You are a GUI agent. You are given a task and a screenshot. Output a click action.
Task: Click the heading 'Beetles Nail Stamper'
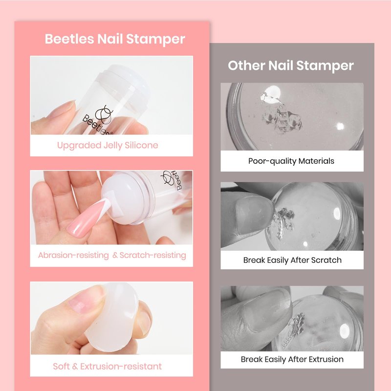coord(115,39)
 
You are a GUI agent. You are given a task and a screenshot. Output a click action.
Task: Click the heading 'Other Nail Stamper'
coord(291,65)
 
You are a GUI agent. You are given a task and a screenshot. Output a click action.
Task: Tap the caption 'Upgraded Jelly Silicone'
coord(108,145)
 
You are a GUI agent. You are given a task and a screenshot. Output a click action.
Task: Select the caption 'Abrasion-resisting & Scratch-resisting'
coord(112,255)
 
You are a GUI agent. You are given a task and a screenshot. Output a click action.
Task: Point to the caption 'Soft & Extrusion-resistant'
coord(107,366)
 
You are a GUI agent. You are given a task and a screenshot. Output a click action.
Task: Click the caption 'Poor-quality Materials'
coord(291,161)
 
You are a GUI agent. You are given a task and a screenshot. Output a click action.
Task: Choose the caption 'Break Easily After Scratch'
coord(292,260)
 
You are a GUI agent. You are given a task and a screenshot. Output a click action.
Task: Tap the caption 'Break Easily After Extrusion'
coord(292,359)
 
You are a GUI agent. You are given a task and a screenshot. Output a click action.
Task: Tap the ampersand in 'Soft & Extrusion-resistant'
coord(75,367)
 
